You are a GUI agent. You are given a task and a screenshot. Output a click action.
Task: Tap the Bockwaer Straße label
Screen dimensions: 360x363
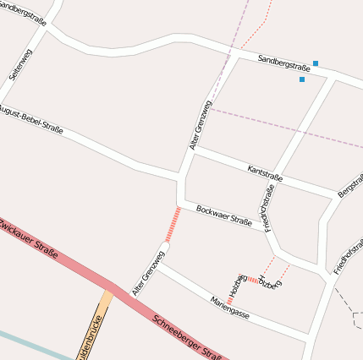[224, 216]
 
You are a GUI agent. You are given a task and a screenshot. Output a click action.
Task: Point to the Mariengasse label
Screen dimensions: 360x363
[229, 307]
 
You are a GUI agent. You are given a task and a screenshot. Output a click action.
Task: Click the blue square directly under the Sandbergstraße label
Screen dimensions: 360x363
[302, 79]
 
